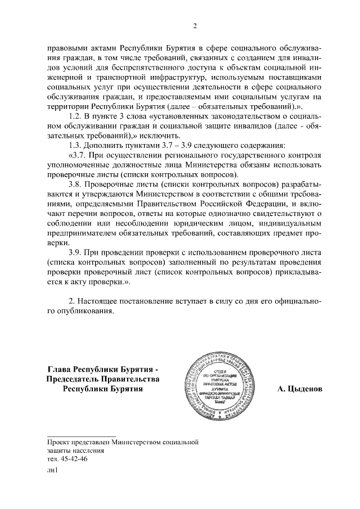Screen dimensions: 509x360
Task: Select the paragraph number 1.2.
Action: point(75,116)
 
